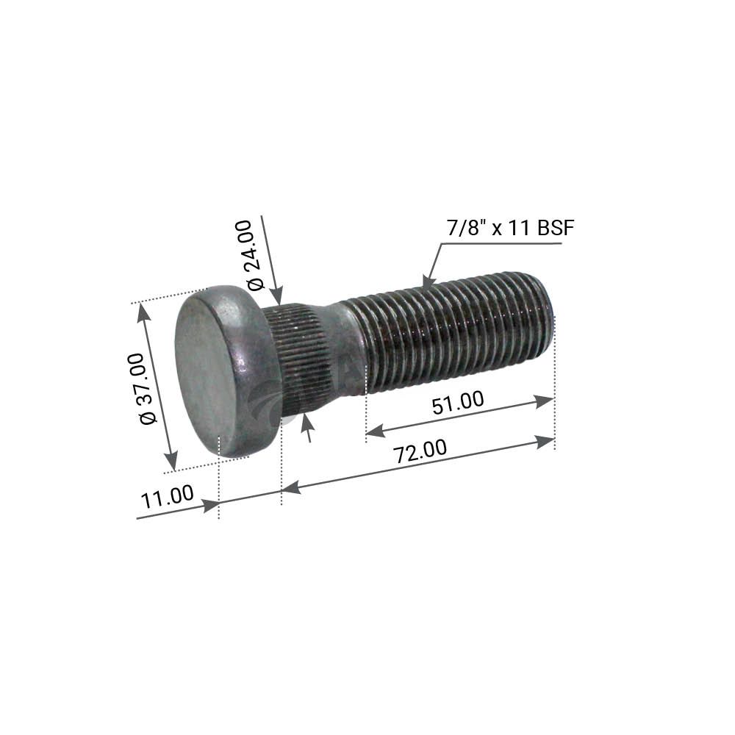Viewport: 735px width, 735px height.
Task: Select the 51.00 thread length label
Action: coord(457,403)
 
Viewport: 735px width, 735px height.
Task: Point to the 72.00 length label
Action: coord(420,451)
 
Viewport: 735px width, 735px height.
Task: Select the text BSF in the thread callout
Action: coord(556,229)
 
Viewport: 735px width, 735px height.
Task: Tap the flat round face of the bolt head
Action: coord(203,370)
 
